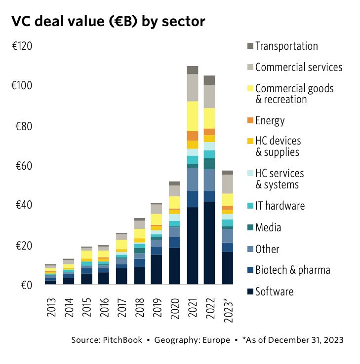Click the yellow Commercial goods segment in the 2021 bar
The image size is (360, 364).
click(193, 116)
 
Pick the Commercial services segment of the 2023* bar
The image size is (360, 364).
click(227, 184)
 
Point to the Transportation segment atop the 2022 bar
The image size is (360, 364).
click(210, 80)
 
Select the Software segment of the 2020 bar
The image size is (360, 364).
click(175, 266)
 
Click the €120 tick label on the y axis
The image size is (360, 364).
click(22, 47)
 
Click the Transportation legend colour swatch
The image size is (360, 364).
click(250, 46)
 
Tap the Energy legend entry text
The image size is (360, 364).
click(270, 120)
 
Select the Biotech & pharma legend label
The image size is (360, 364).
click(292, 270)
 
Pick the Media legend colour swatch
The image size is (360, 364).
click(250, 227)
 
